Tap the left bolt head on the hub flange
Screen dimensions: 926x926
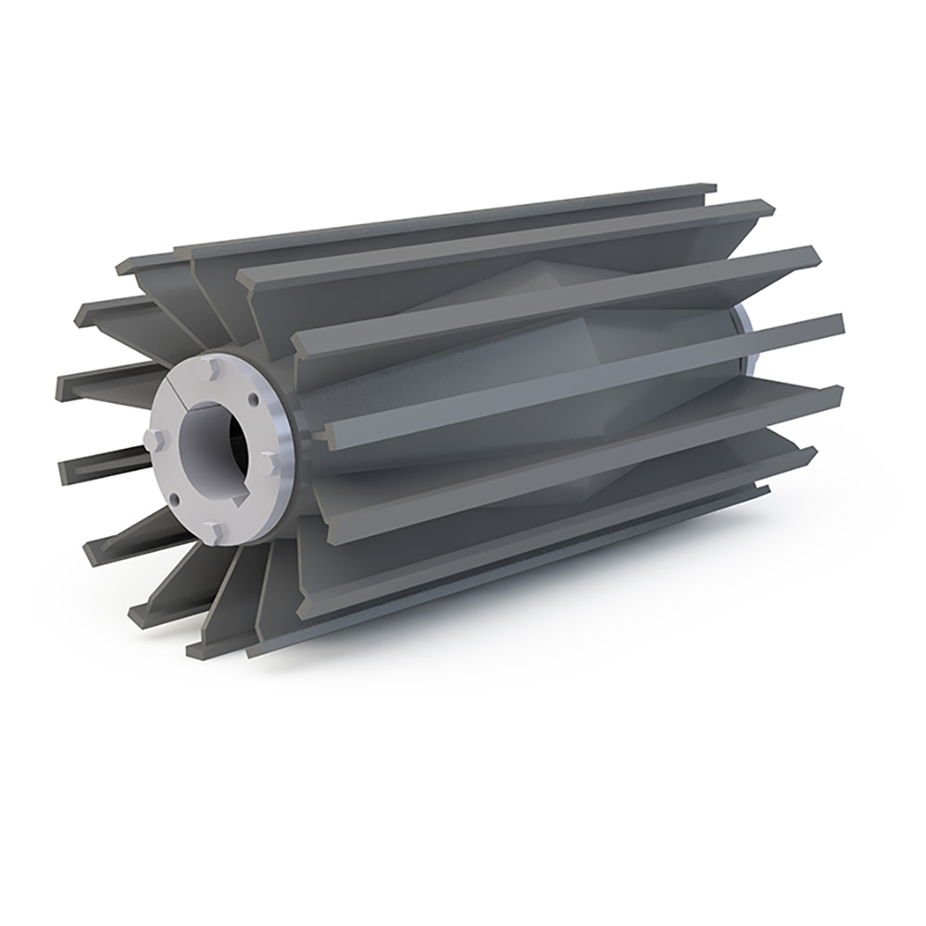pos(155,438)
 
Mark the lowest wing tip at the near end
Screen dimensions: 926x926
pos(196,648)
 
